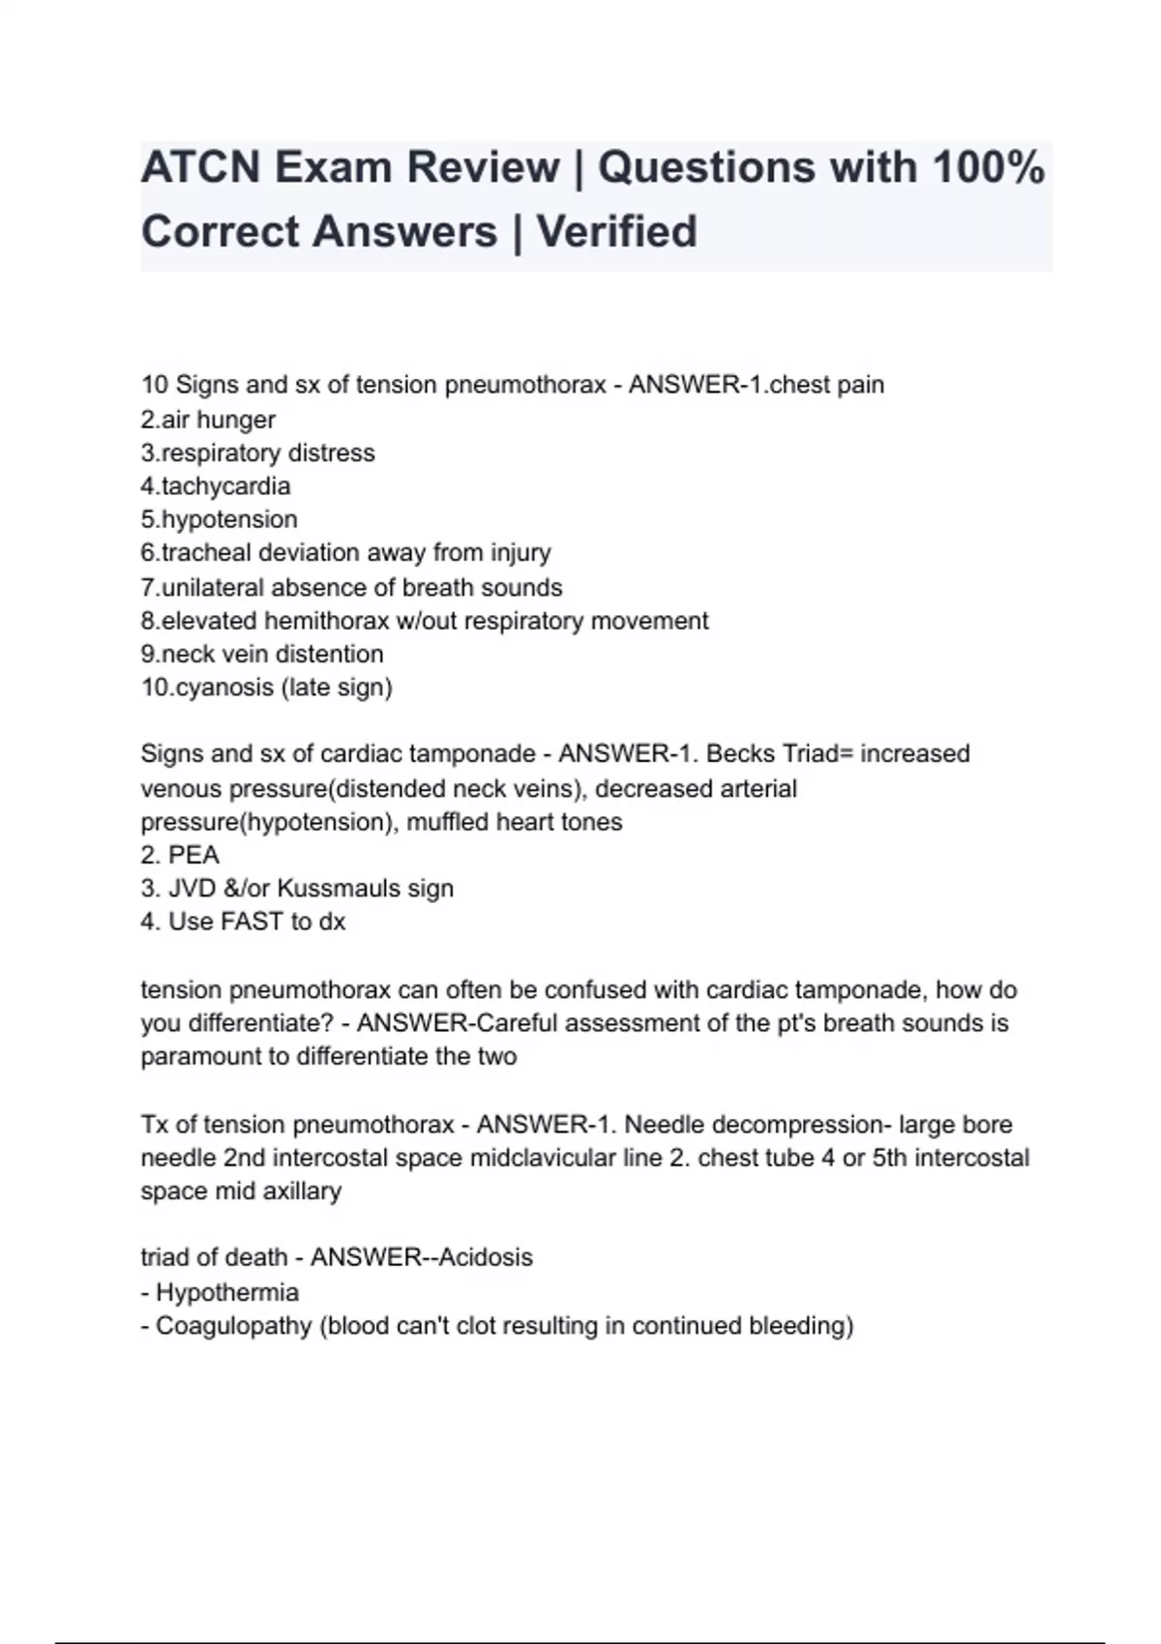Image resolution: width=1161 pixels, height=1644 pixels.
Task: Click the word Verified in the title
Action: point(616,232)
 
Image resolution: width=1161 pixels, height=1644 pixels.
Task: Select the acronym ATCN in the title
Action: point(200,167)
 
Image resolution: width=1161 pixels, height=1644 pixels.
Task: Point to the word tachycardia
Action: point(225,485)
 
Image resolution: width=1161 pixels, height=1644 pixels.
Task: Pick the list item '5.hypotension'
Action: point(219,519)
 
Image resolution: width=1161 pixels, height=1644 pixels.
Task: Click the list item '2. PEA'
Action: point(180,855)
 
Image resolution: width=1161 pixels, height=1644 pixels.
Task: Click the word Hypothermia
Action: point(227,1292)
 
